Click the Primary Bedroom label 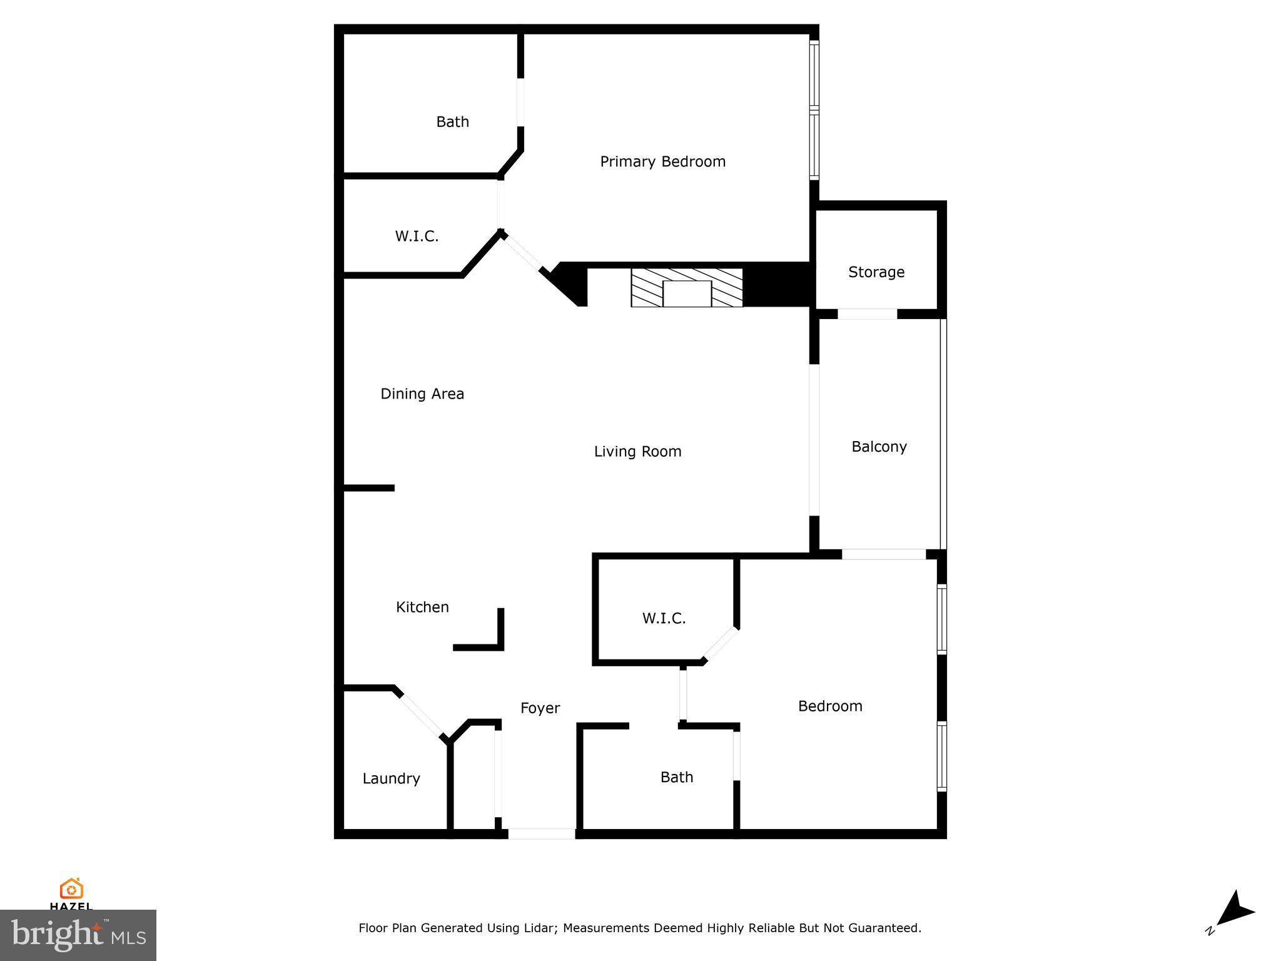(662, 161)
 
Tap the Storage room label (876, 272)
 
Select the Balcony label (879, 447)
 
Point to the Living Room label (637, 452)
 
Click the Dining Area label (422, 394)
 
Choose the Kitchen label (422, 607)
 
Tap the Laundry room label (391, 778)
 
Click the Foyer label (540, 708)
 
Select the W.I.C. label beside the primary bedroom (417, 236)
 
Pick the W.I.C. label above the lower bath (664, 619)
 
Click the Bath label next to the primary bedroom (452, 122)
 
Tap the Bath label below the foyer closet (677, 777)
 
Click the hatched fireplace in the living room (686, 288)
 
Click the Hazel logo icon (71, 888)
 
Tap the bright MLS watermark (78, 935)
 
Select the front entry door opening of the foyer (541, 833)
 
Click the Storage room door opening (867, 314)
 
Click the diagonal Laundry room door (422, 716)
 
